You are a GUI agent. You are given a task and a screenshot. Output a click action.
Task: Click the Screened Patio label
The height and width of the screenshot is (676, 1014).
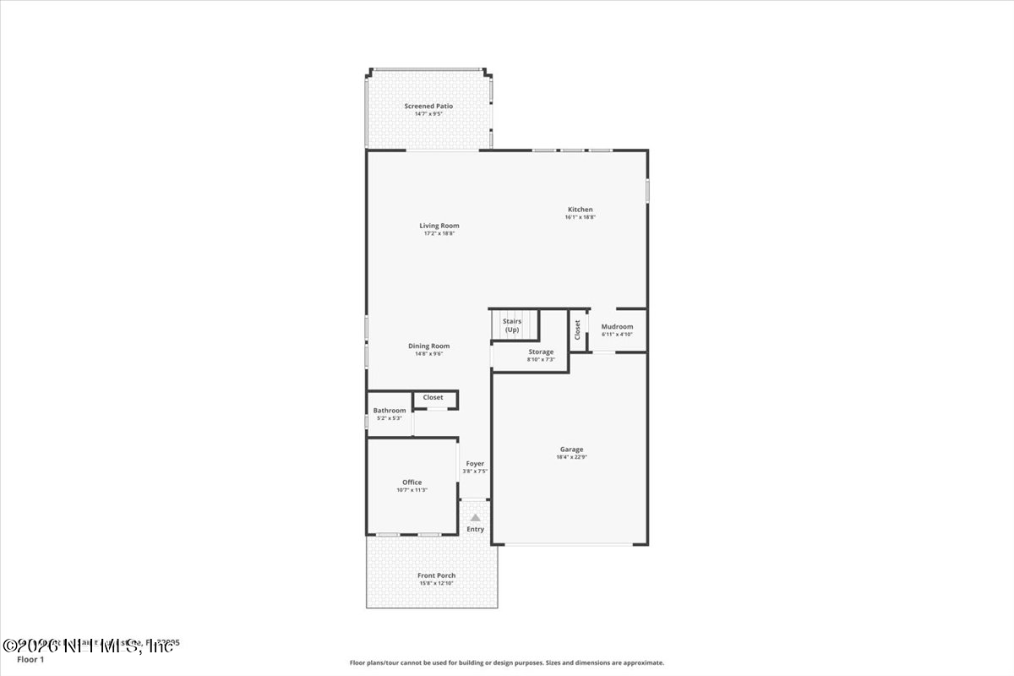tap(428, 106)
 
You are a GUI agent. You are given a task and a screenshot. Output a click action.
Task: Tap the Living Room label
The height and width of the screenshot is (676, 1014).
tap(439, 226)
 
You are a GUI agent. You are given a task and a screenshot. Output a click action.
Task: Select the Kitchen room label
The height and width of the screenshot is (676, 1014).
tap(581, 210)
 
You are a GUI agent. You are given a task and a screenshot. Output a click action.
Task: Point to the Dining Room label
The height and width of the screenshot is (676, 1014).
tap(429, 346)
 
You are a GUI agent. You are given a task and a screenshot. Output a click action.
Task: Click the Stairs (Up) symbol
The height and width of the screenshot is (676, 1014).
tap(512, 325)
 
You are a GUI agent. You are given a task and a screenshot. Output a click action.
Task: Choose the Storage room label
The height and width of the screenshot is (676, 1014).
tap(541, 352)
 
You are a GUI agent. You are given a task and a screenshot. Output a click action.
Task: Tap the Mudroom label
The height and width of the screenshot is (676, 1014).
tap(617, 327)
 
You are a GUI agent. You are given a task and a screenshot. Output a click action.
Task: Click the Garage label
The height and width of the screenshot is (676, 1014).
tap(571, 450)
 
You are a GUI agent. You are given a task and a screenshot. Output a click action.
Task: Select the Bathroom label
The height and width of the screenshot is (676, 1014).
tap(390, 411)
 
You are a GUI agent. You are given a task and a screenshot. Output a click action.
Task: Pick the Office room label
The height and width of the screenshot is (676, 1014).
tap(412, 482)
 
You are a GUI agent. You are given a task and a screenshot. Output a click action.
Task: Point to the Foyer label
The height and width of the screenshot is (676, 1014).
tap(476, 464)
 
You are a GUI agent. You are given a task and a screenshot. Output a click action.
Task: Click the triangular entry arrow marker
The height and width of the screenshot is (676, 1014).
tap(476, 517)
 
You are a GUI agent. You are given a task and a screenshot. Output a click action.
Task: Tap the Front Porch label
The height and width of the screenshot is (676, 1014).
tap(437, 575)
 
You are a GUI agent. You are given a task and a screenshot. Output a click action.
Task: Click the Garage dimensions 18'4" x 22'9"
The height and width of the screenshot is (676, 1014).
tap(571, 457)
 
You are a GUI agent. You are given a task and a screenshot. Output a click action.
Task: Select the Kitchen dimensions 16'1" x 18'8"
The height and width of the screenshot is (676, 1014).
tap(581, 217)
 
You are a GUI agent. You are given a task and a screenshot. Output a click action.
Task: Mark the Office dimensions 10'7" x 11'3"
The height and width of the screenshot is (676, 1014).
tap(412, 490)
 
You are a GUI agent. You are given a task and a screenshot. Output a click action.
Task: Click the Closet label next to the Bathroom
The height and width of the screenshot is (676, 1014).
tap(433, 397)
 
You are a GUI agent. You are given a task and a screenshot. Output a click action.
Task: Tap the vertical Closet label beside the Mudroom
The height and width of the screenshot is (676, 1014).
tap(577, 329)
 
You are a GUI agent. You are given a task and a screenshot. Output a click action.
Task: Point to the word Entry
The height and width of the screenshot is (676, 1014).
tap(476, 529)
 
